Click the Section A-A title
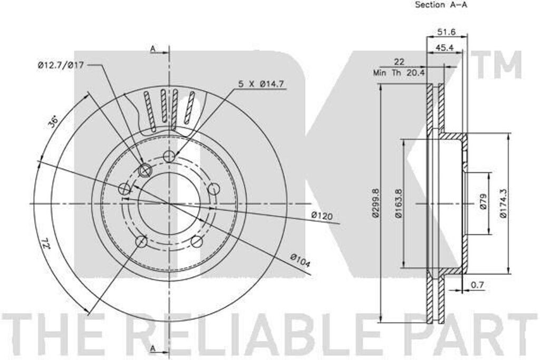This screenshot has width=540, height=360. point(441,5)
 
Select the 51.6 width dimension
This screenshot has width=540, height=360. point(447,32)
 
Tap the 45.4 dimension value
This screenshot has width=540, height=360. point(444,48)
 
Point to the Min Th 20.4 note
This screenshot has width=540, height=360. point(400,73)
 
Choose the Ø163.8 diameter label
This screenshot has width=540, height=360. point(399,203)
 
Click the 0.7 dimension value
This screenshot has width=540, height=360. point(477,285)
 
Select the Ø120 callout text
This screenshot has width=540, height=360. point(322,216)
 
